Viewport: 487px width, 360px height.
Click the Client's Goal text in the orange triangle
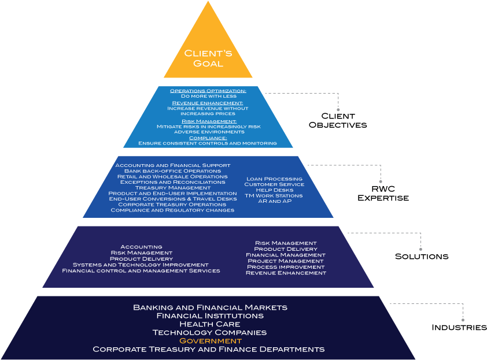208,58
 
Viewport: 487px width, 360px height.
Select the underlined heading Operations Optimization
208,91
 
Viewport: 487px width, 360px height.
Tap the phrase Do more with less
208,96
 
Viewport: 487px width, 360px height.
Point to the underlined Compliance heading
208,138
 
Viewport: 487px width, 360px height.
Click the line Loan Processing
274,179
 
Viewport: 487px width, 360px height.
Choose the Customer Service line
274,184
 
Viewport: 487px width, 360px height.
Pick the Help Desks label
274,190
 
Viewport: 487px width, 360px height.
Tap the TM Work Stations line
274,195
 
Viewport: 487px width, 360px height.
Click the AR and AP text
274,201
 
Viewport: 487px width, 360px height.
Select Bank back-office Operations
172,171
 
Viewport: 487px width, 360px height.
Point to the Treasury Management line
172,188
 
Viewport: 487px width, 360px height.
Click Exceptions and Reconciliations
172,182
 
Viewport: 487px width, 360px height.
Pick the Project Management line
286,261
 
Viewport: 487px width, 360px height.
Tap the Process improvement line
286,267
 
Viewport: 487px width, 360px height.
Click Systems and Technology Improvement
141,265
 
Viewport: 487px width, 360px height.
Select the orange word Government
210,341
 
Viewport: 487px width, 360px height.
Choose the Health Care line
209,324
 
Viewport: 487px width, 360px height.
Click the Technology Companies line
209,332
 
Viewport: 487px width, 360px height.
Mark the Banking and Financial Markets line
210,307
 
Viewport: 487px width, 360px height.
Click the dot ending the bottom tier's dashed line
463,320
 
